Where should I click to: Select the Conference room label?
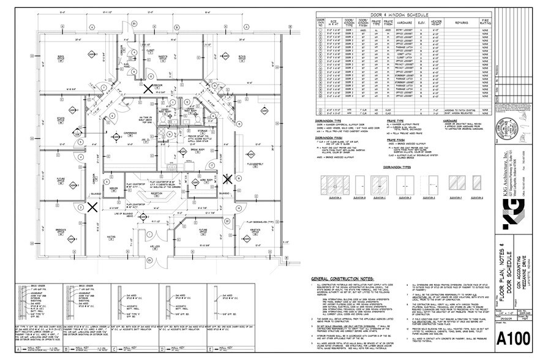coord(130,133)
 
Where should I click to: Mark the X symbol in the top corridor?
coord(147,88)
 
